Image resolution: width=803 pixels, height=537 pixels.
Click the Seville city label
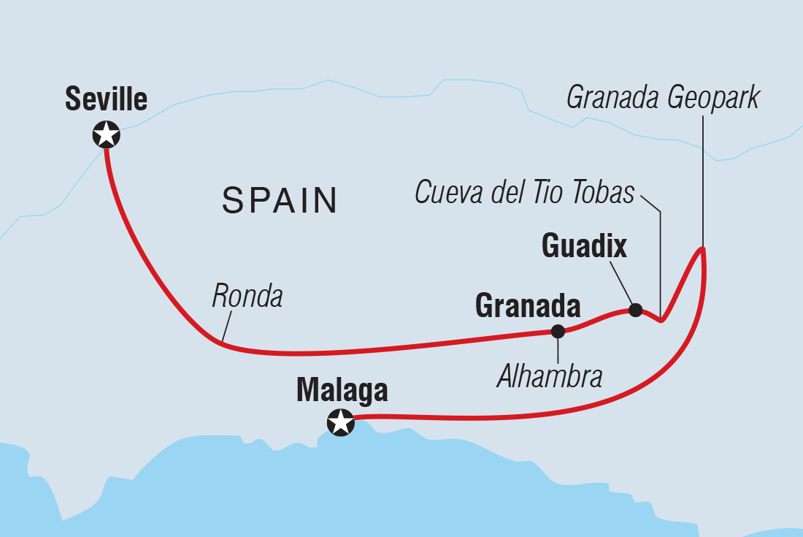point(106,99)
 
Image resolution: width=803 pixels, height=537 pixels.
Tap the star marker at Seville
point(107,134)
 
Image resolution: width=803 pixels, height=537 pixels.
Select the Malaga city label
point(342,392)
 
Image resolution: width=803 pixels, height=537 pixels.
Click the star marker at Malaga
point(340,422)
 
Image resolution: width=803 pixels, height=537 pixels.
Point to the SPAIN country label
point(280,200)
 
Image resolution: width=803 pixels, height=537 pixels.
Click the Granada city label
point(528,306)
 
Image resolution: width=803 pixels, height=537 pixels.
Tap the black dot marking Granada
point(558,331)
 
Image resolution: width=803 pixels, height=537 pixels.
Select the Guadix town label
point(584,247)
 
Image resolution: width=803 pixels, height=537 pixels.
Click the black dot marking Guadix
point(635,310)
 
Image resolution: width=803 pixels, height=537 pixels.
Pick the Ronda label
point(247,296)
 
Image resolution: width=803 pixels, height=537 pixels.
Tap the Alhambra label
point(550,376)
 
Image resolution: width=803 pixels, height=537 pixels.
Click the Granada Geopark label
point(663,97)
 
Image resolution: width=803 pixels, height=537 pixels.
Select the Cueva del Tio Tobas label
point(525,193)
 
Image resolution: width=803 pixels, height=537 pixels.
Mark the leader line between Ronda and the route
point(226,327)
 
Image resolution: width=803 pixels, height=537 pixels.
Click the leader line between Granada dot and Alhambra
point(558,349)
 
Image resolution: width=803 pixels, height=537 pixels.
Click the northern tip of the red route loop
point(702,250)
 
